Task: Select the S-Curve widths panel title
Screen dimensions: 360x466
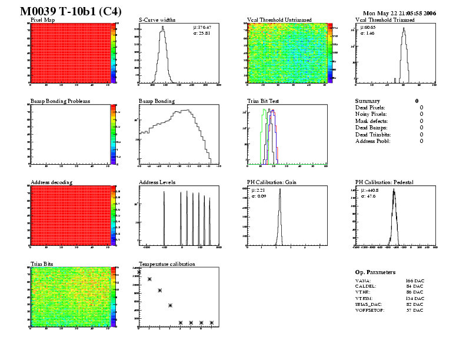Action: pos(157,20)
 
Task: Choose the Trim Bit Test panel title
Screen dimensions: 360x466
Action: pos(262,101)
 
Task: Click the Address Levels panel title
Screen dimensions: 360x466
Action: pos(157,183)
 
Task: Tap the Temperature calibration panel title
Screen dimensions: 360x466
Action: pos(167,264)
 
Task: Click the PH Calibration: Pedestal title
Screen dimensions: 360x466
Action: pos(389,183)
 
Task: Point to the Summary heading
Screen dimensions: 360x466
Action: pos(368,101)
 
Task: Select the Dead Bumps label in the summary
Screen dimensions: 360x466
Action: pos(371,128)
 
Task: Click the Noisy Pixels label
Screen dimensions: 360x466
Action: pos(371,114)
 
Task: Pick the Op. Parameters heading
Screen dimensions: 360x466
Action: pos(375,272)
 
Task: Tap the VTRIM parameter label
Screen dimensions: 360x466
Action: pos(366,298)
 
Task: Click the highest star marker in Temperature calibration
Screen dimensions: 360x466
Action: pos(139,272)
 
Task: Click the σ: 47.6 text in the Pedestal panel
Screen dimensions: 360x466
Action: pos(367,196)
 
